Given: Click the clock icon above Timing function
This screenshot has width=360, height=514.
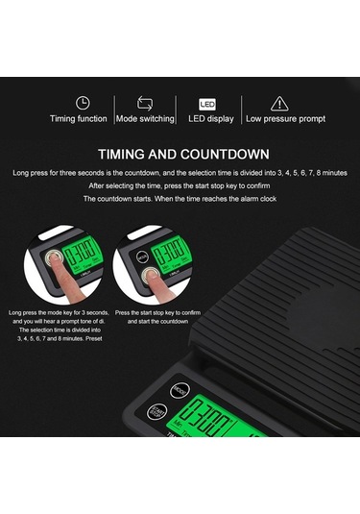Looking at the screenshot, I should pos(83,102).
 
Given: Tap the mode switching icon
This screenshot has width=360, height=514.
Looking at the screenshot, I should pos(145,102).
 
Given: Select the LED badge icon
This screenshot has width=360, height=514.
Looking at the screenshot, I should pos(207,102).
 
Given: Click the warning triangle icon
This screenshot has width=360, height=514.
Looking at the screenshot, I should pos(278,102).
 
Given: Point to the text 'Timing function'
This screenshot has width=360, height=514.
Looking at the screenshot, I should pos(79,119).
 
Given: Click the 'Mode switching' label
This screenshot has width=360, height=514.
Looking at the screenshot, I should pos(145,119).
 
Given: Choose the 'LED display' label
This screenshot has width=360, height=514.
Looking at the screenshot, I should pos(210,119).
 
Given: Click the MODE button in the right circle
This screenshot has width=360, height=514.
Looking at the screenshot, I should pos(139,256).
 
